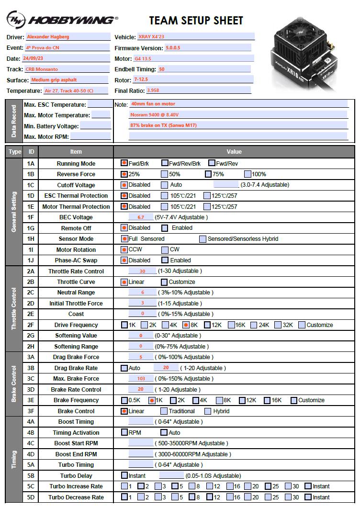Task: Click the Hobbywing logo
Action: pyautogui.click(x=61, y=20)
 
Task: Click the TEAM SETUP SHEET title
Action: pyautogui.click(x=196, y=21)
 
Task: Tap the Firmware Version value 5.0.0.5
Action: pyautogui.click(x=207, y=48)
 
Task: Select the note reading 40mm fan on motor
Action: pyautogui.click(x=238, y=104)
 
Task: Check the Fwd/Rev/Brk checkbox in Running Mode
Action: pyautogui.click(x=165, y=163)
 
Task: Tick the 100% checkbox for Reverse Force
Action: pyautogui.click(x=247, y=174)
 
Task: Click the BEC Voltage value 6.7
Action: pyautogui.click(x=141, y=217)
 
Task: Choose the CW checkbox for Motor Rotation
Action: pyautogui.click(x=165, y=249)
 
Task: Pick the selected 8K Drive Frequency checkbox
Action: pyautogui.click(x=186, y=325)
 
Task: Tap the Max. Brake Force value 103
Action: pyautogui.click(x=141, y=379)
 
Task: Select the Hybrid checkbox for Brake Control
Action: pyautogui.click(x=208, y=411)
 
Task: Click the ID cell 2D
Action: pyautogui.click(x=31, y=303)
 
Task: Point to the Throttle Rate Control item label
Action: pyautogui.click(x=76, y=271)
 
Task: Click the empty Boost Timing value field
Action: pyautogui.click(x=141, y=422)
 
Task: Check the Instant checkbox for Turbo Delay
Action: pyautogui.click(x=124, y=475)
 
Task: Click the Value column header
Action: pyautogui.click(x=234, y=151)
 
